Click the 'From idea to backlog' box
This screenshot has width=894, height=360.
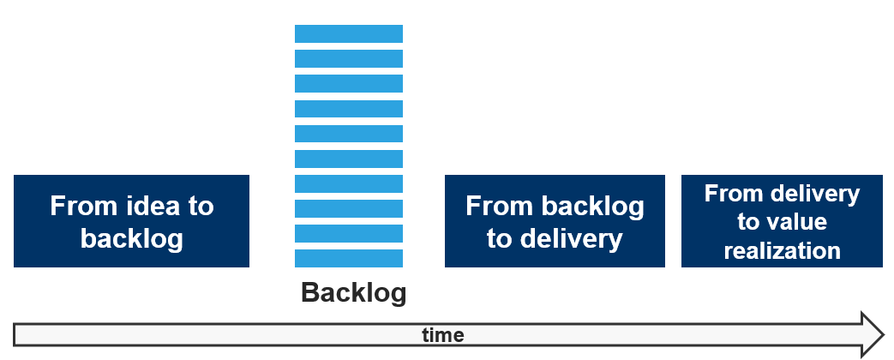tap(131, 221)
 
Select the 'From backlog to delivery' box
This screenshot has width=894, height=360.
tap(555, 221)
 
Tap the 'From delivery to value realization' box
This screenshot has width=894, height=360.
tap(782, 221)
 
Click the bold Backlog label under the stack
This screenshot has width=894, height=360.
tap(353, 293)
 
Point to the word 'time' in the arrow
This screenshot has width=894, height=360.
tap(443, 334)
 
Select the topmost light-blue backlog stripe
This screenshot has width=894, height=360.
tap(349, 33)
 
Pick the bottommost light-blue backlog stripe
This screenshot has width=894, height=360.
tap(349, 258)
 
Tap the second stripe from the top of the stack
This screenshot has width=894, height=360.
tap(349, 58)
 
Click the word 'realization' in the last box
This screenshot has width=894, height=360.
tap(782, 250)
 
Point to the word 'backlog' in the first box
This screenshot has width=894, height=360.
tap(132, 238)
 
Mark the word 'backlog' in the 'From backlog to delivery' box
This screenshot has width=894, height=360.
tap(592, 207)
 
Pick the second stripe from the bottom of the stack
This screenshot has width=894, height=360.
tap(349, 233)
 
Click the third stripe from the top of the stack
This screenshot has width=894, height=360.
tap(349, 83)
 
